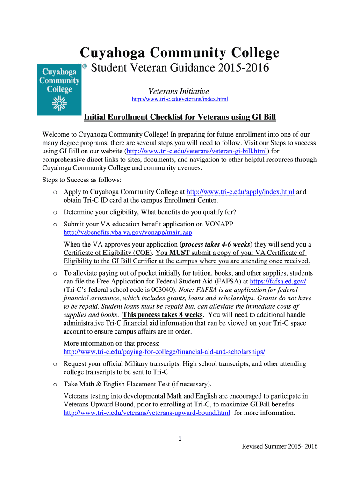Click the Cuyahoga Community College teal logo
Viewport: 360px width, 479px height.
pos(59,89)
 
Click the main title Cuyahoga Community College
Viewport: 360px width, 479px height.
pos(180,52)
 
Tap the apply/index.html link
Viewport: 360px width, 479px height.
pos(240,192)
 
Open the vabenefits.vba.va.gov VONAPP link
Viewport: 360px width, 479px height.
pos(128,232)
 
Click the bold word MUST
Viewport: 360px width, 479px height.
pos(179,253)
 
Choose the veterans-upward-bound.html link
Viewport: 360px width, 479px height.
pos(147,413)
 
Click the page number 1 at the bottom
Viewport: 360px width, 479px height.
pos(180,438)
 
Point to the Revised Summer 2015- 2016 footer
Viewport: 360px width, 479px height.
pos(280,446)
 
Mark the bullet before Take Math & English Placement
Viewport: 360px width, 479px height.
pos(55,385)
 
